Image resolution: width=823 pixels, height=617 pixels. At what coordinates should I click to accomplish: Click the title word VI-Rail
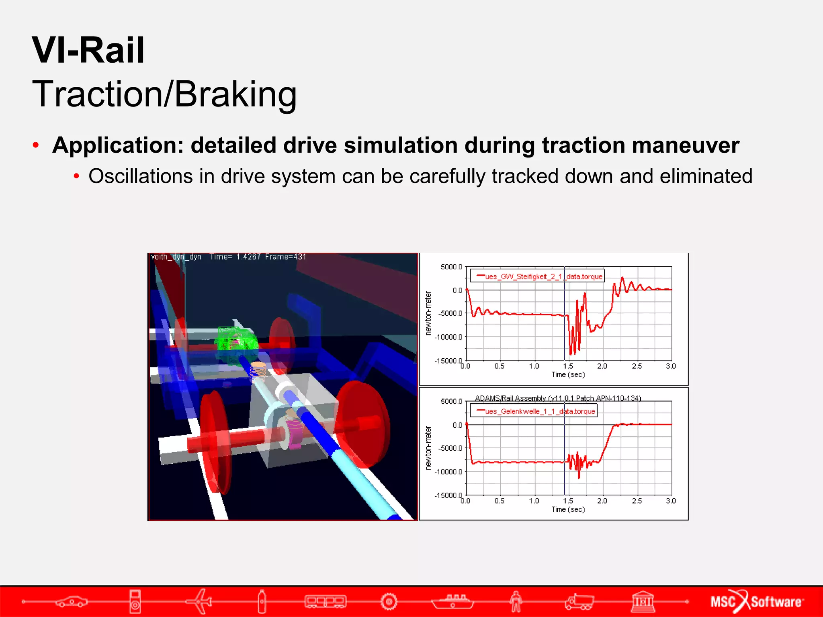coord(88,50)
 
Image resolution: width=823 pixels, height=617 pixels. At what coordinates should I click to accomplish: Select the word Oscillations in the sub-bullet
coord(140,176)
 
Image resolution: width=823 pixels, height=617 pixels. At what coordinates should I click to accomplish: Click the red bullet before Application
coord(36,145)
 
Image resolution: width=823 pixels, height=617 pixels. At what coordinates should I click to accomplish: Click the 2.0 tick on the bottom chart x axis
coord(602,501)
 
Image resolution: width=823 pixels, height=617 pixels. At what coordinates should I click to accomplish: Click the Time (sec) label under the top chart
coord(568,374)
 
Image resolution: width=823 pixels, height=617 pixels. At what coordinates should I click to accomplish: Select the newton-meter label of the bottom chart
coord(428,448)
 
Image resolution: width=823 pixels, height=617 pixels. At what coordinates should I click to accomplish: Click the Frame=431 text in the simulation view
coord(285,257)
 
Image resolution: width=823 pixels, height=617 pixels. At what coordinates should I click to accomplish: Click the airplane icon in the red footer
coord(199,601)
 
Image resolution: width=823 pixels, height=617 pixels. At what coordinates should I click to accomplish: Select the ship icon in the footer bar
coord(452,601)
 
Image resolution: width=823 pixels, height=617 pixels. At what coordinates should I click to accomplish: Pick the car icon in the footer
coord(71,601)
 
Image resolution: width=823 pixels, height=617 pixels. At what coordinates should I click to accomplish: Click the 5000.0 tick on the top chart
coord(451,267)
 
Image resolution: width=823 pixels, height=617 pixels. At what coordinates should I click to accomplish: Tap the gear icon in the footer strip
coord(389,601)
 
